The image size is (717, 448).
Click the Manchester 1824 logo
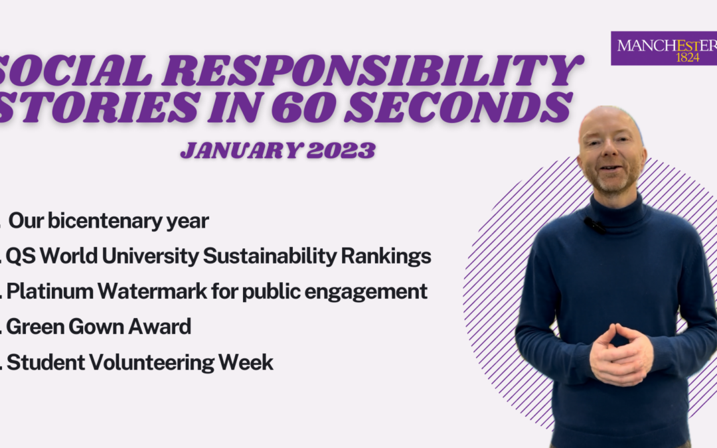pos(664,49)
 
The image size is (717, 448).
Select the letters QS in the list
pos(17,256)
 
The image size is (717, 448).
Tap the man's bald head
pos(609,119)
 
